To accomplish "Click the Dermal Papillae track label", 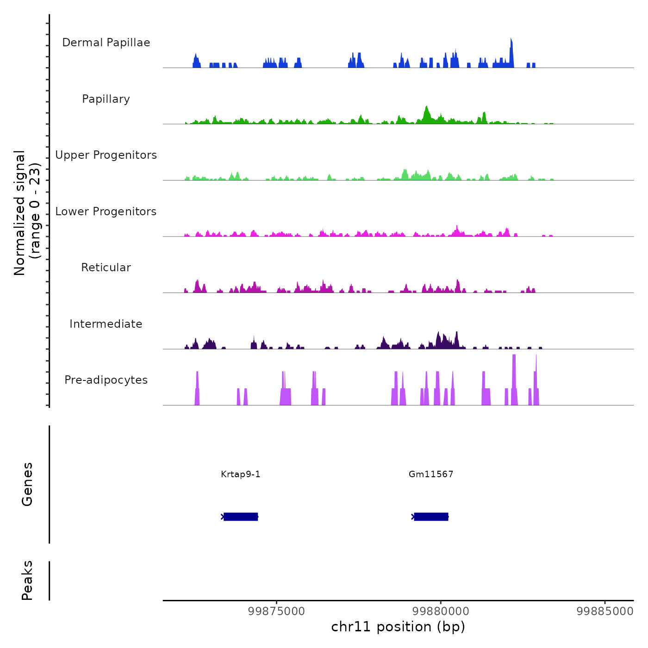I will (106, 43).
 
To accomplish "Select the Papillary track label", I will (106, 99).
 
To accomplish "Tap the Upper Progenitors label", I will (106, 155).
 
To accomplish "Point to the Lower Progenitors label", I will (106, 212).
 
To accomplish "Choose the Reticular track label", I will (106, 268).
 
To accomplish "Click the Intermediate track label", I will (106, 324).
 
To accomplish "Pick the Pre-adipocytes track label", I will (106, 380).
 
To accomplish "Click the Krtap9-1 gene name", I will (241, 474).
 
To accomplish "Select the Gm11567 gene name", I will (431, 474).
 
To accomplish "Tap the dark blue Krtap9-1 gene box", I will (241, 517).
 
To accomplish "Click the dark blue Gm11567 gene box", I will (431, 517).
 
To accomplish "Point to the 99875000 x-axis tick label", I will (276, 611).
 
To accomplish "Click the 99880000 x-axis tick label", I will (441, 611).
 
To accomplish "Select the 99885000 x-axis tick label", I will (604, 611).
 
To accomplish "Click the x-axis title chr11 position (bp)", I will (398, 627).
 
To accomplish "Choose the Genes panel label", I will (27, 484).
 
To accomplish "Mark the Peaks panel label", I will (27, 580).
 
